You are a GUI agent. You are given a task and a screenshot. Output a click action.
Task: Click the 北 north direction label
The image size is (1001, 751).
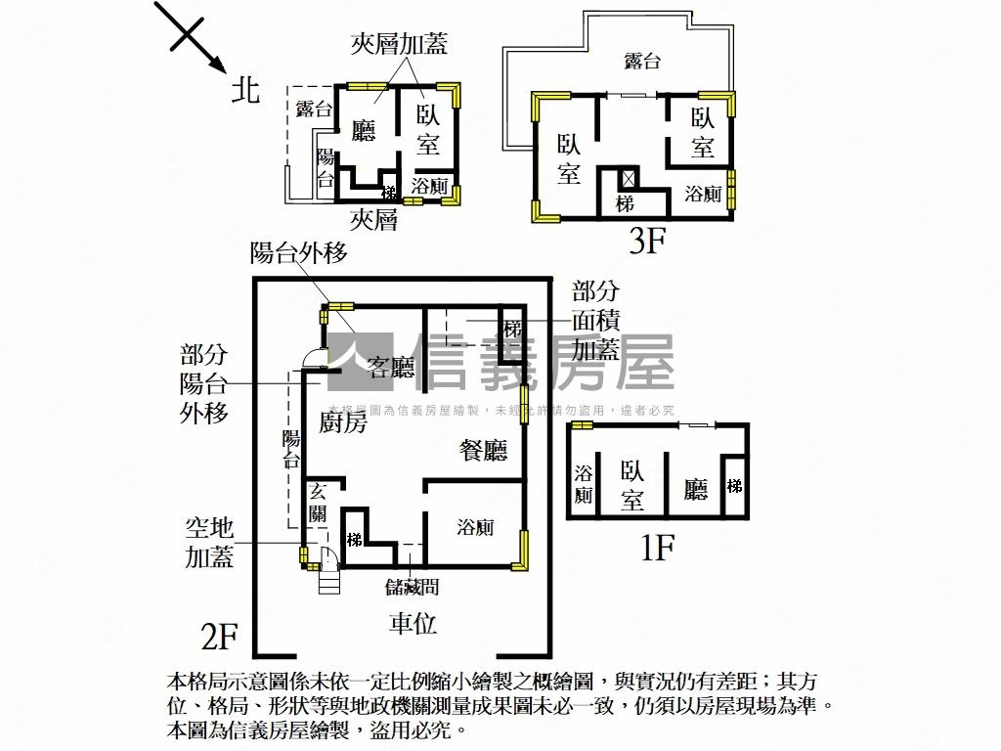[x=245, y=91]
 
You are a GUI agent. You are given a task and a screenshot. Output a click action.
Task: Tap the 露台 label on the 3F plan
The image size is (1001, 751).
[x=642, y=62]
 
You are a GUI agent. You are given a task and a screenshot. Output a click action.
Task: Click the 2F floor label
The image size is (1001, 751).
[x=219, y=637]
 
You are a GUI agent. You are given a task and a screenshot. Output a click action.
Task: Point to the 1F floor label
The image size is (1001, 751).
[x=657, y=549]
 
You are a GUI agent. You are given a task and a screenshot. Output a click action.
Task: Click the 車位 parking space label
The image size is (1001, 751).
[x=413, y=623]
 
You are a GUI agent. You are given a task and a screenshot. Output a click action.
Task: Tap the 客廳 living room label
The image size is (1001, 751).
[x=390, y=367]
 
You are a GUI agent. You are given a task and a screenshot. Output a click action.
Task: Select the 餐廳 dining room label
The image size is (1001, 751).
[x=484, y=451]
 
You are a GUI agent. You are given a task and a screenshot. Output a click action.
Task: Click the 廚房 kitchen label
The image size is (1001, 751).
[x=342, y=422]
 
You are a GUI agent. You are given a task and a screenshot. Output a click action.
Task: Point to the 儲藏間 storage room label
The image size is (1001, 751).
[x=412, y=587]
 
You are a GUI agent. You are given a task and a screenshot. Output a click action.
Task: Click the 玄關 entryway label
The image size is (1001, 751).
[x=319, y=501]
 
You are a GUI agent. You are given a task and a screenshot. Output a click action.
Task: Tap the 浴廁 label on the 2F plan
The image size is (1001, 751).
[x=475, y=528]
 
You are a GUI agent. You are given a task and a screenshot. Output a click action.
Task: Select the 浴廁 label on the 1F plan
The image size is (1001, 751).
[x=584, y=484]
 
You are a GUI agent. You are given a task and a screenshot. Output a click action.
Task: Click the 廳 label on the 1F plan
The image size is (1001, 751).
[x=695, y=488]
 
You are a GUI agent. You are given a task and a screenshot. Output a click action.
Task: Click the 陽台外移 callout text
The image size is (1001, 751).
[x=298, y=253]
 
